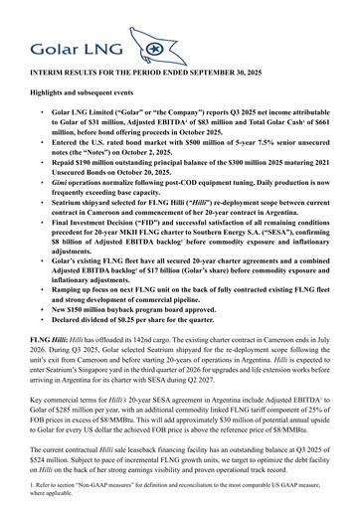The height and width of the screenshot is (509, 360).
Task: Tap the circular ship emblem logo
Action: click(152, 47)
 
